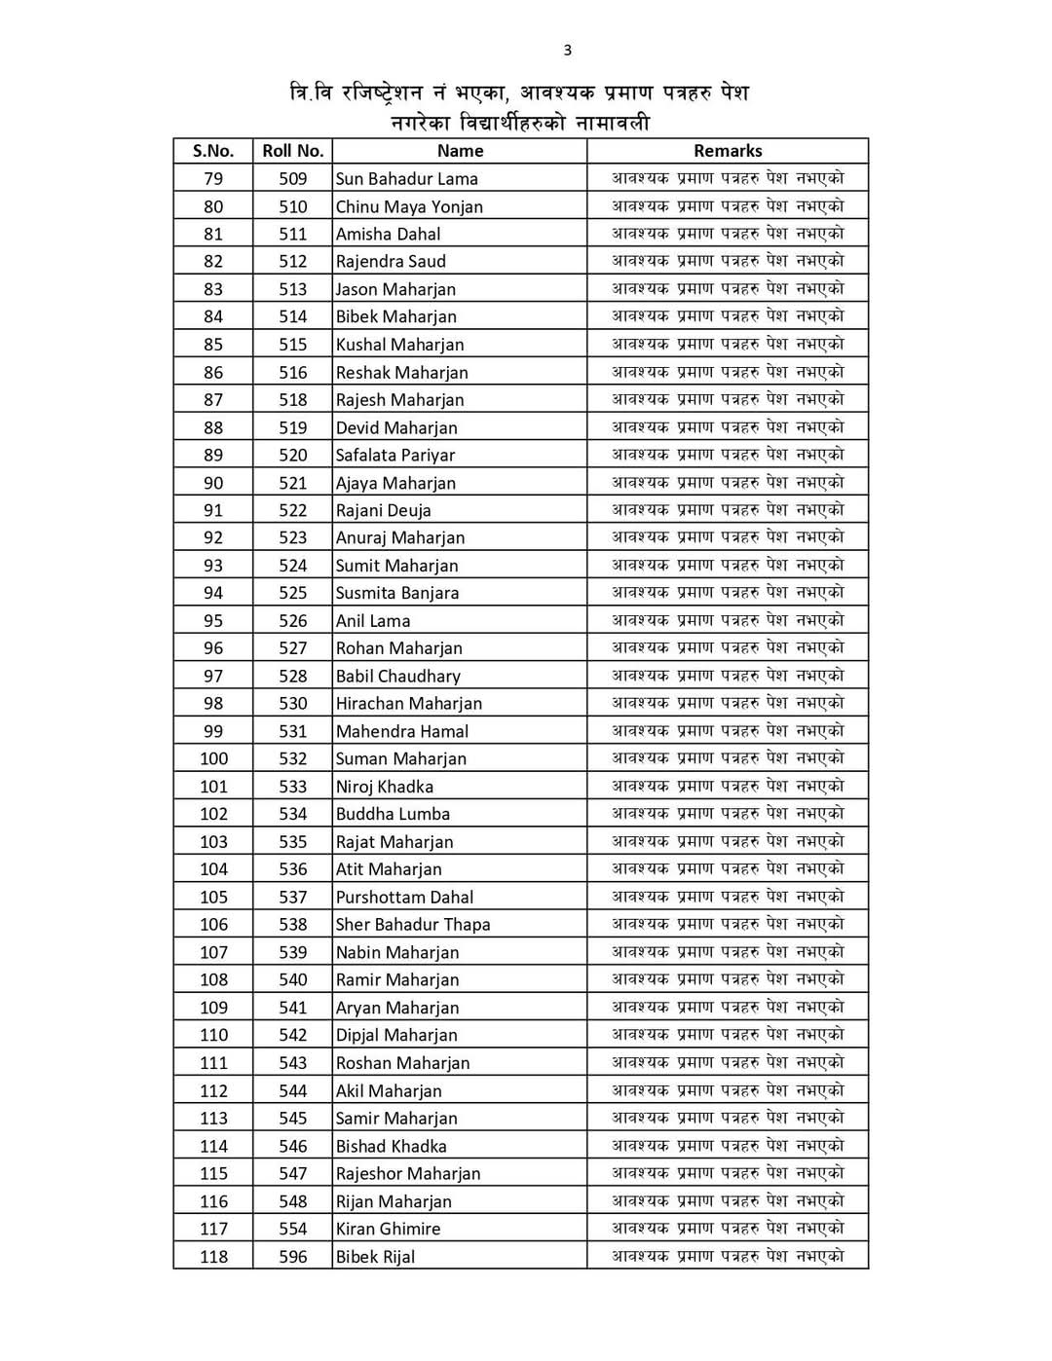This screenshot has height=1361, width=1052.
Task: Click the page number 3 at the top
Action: coord(568,51)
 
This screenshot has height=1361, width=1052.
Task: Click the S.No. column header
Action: coord(213,151)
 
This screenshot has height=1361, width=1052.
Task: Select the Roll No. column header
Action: coord(292,151)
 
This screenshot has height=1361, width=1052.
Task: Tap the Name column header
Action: coord(460,151)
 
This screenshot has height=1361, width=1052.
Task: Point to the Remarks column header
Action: coord(728,151)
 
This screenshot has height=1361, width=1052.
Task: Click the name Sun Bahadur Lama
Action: coord(406,179)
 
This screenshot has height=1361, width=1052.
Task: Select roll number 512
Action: coord(292,262)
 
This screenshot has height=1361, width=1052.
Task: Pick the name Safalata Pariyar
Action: coord(394,456)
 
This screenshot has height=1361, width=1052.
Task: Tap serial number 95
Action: coord(213,621)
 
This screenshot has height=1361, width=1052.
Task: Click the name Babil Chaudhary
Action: coord(397,677)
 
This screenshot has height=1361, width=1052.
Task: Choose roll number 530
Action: coord(292,704)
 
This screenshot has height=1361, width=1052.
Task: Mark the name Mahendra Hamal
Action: coord(401,732)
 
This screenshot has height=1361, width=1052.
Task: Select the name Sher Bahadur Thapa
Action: coord(412,925)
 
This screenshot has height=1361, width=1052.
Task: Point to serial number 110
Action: coord(213,1036)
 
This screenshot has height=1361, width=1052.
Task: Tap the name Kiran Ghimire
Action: coord(388,1230)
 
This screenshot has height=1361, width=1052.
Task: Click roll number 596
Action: coord(292,1257)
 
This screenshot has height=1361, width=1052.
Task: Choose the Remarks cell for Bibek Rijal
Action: coord(728,1257)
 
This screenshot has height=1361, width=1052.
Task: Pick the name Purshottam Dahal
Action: coord(404,898)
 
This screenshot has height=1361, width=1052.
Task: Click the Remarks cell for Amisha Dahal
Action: coord(728,234)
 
